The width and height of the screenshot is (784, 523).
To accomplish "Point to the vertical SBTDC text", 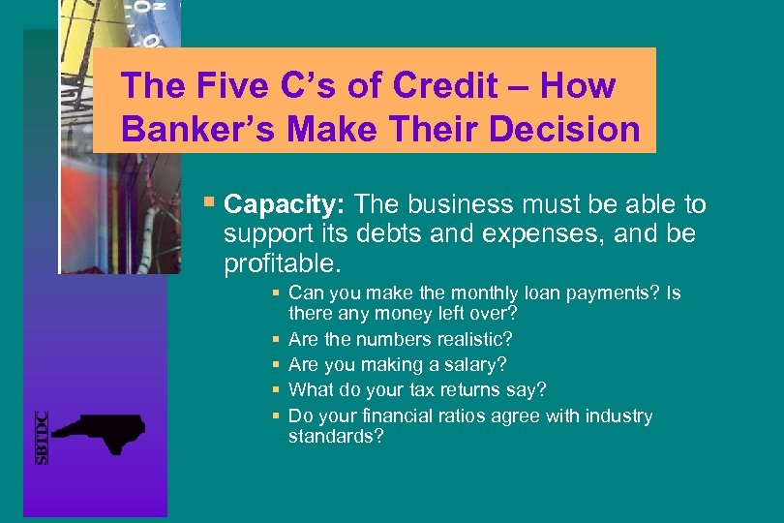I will tap(42, 438).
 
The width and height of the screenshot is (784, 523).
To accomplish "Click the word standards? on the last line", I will tap(336, 437).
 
